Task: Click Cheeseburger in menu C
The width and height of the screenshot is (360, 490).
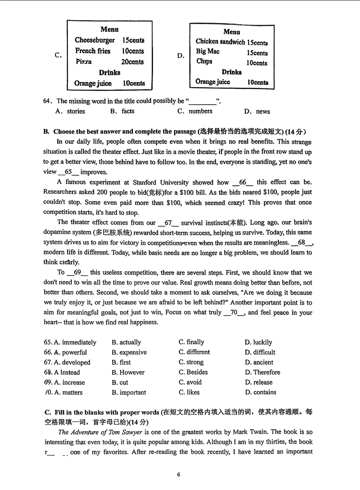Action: click(x=95, y=40)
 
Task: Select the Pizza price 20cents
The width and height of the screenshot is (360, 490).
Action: click(x=132, y=62)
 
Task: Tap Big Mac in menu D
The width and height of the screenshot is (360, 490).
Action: click(x=207, y=51)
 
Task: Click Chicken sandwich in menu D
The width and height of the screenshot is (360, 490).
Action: click(x=220, y=42)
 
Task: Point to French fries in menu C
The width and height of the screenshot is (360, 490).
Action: click(x=93, y=51)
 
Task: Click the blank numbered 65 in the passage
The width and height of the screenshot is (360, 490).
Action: click(x=68, y=172)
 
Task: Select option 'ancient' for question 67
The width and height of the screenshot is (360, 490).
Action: click(x=263, y=362)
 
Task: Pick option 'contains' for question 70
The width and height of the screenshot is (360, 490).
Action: click(x=264, y=392)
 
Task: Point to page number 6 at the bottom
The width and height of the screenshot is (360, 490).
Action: click(x=178, y=474)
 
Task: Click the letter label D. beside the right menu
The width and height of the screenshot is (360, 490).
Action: click(x=180, y=56)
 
